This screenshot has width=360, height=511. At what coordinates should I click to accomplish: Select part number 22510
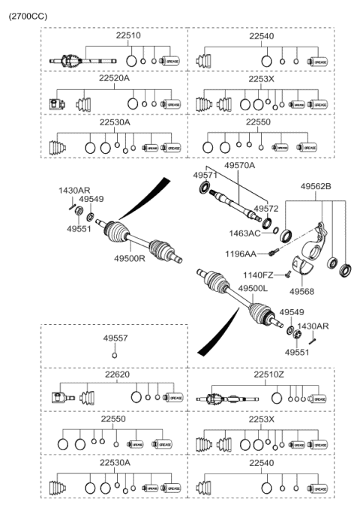coord(113,35)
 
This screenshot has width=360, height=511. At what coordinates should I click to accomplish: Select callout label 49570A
coord(239,167)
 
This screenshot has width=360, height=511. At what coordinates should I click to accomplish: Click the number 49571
coord(204,175)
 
